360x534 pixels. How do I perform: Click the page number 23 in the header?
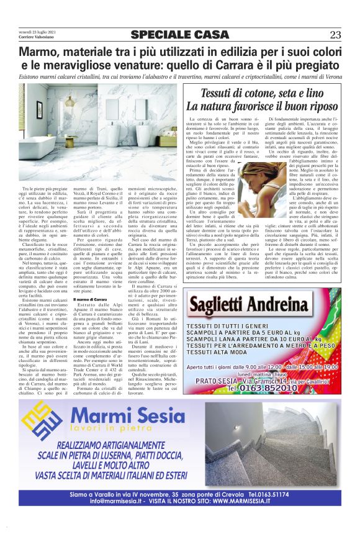pyautogui.click(x=335, y=35)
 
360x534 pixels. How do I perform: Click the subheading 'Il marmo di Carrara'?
pyautogui.click(x=88, y=300)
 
